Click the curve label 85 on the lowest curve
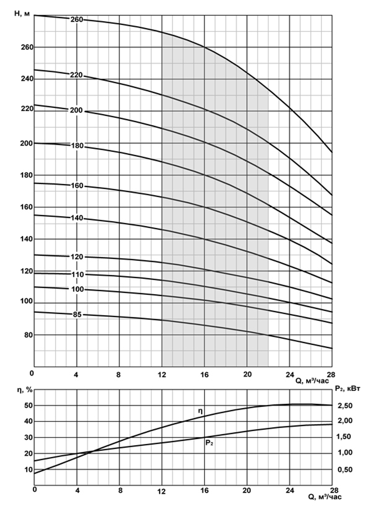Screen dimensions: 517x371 [77, 315]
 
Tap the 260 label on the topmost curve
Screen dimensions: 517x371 [77, 20]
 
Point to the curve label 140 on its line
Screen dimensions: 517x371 [77, 218]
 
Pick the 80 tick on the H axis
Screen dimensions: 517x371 [29, 335]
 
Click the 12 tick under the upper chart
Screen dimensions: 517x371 [162, 375]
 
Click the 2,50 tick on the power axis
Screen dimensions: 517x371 [345, 405]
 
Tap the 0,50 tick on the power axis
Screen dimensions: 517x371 [345, 470]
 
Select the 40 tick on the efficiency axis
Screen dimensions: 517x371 [29, 421]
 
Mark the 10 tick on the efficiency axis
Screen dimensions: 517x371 [29, 469]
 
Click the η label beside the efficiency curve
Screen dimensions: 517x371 [200, 411]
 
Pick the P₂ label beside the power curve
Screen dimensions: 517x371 [209, 443]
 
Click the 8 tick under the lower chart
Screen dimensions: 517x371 [119, 490]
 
